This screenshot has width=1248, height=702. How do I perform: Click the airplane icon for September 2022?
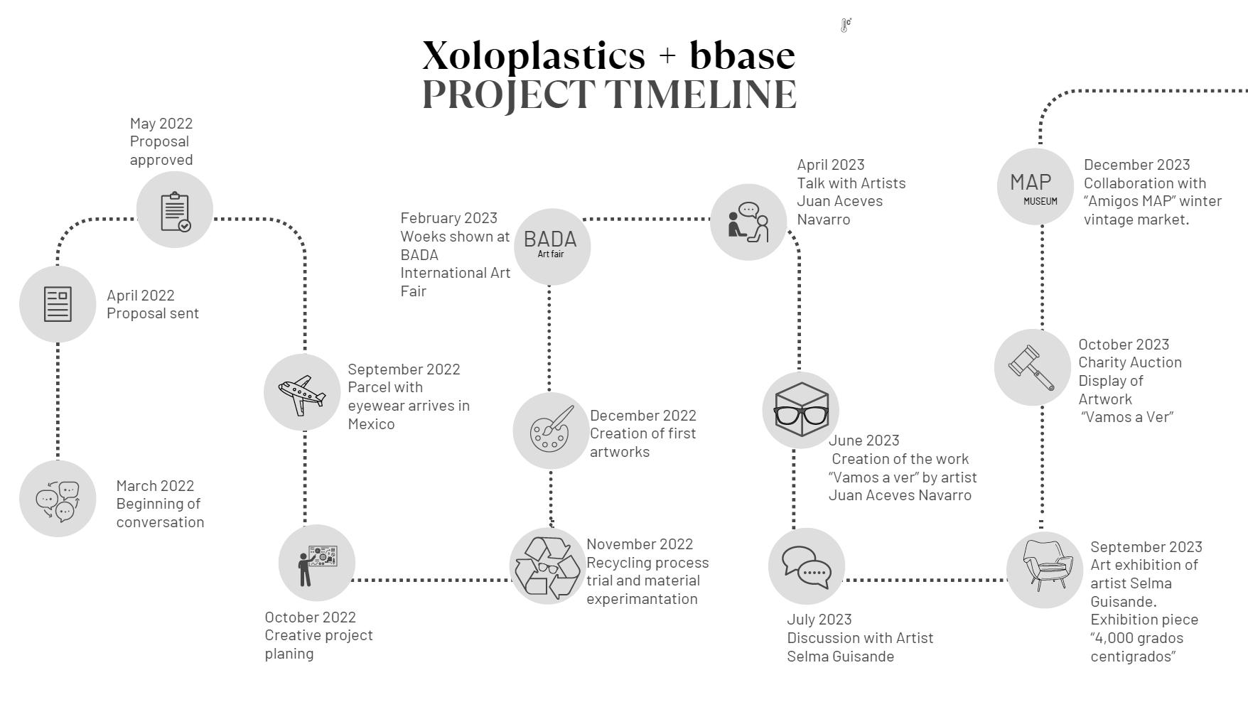302,393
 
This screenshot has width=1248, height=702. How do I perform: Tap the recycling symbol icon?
547,566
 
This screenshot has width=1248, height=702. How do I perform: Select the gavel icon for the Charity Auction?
1032,367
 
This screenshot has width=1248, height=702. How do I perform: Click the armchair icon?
1045,570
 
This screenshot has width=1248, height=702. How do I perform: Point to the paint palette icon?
551,431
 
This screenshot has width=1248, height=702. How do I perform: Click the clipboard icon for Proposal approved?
175,210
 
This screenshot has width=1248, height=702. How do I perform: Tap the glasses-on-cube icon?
801,410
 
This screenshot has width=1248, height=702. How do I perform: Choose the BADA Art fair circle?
552,246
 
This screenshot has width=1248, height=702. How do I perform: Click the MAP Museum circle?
1035,187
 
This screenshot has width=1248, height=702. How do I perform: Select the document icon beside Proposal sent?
58,304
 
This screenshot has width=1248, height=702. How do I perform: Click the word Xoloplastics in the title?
534,55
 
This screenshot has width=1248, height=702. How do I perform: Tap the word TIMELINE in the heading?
701,94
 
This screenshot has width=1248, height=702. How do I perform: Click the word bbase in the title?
742,55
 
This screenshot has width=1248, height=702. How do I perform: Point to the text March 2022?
155,485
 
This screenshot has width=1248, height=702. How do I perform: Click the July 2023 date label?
819,620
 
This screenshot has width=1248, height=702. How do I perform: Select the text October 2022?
310,617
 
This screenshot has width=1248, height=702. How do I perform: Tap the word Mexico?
371,424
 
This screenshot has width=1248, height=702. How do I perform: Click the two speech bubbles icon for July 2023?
807,567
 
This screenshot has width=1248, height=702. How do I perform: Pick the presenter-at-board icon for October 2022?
316,563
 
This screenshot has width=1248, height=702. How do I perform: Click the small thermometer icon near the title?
846,26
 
